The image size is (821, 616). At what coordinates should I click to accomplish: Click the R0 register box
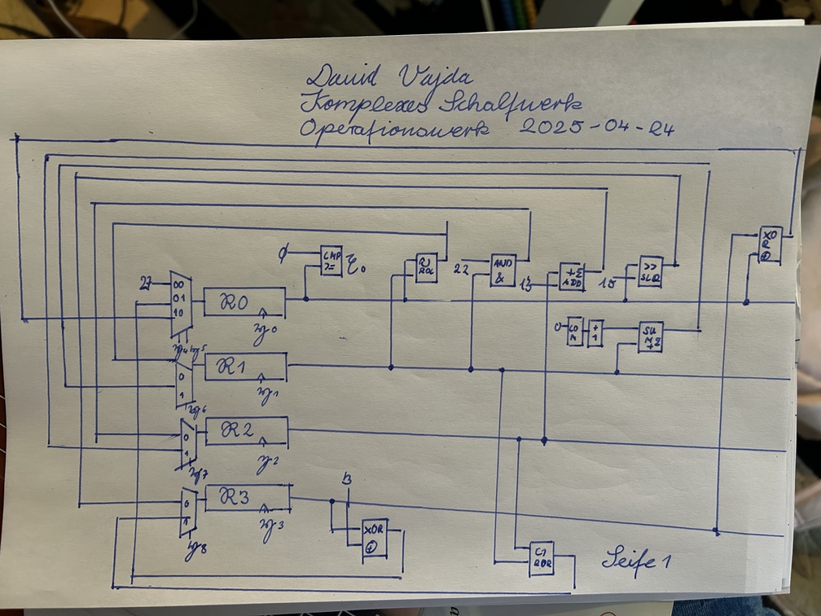coord(244,301)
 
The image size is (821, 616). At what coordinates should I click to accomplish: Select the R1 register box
coord(245,366)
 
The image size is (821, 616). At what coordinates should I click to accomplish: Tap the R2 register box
coord(247,431)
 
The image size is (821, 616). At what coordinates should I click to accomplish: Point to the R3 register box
coord(248,498)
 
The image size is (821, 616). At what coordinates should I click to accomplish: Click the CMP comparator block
coord(331,261)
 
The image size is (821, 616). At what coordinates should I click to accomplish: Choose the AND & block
coord(503,270)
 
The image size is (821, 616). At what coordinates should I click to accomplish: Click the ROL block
coord(426,267)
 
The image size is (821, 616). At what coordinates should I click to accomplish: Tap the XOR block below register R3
coord(375,539)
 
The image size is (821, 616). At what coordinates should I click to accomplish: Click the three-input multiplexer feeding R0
coord(180,304)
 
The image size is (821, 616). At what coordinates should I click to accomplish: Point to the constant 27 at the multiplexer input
coord(148,284)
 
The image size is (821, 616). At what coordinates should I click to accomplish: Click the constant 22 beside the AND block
coord(461,268)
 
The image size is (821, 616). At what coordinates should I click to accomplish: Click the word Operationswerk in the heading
coord(395,130)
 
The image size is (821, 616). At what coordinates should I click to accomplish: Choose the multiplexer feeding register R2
coord(187,442)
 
